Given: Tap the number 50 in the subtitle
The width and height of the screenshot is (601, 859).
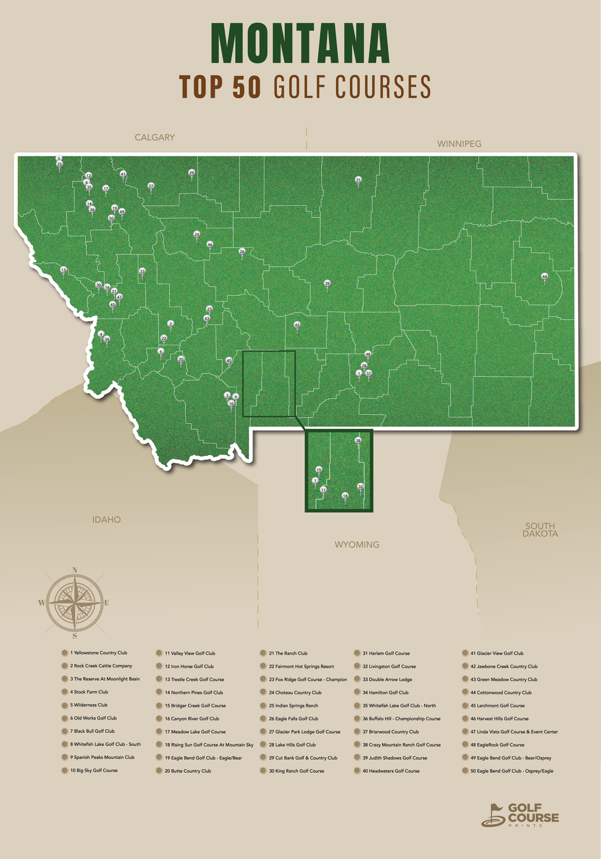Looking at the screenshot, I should (x=247, y=87).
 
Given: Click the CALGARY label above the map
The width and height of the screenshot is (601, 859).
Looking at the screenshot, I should (x=155, y=138).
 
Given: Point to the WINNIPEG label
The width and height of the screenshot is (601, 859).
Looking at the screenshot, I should (x=459, y=144).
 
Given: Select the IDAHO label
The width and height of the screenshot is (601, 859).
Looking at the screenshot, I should (x=106, y=520).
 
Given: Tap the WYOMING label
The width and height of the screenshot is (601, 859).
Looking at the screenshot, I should (x=357, y=544).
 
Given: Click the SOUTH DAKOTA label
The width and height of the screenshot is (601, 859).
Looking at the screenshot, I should (x=540, y=529).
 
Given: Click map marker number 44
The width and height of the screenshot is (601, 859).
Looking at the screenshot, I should (x=544, y=277).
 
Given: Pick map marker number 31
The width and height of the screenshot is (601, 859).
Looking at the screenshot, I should (x=358, y=180).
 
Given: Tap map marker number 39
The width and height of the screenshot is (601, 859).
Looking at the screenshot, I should (x=327, y=284).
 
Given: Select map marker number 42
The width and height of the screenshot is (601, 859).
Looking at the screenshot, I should (x=297, y=325).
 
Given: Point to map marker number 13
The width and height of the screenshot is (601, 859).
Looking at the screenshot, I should (x=63, y=271).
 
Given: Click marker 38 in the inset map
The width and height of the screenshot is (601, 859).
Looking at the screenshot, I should (x=358, y=441).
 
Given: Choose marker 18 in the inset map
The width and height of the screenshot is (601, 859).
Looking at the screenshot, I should (x=345, y=496).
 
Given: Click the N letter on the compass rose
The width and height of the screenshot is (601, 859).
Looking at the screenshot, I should (x=75, y=570).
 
